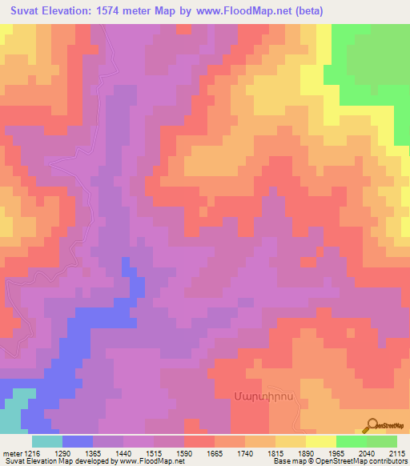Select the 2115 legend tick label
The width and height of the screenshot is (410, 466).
[396, 452]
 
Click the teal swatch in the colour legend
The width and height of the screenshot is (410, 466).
[46, 441]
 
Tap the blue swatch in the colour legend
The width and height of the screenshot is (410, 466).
[77, 441]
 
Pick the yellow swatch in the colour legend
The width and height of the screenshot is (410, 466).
[320, 441]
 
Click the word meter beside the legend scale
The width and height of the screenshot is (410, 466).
[10, 452]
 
